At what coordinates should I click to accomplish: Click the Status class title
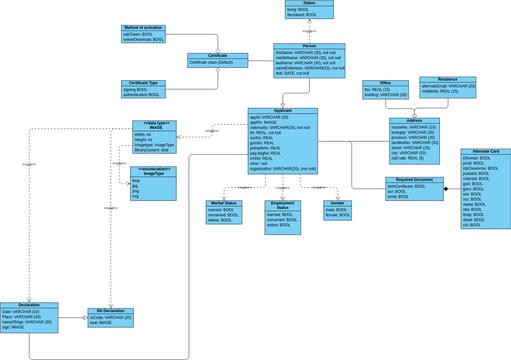[308, 4]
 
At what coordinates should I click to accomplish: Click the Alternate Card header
[487, 151]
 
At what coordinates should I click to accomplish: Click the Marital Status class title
[216, 203]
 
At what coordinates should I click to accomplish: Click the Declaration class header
[29, 305]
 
